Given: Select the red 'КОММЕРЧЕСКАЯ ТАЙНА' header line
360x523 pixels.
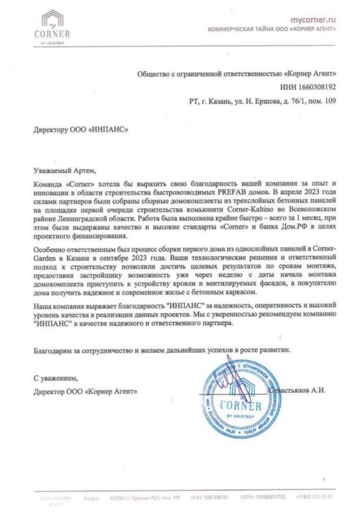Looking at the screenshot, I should pos(272,29).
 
